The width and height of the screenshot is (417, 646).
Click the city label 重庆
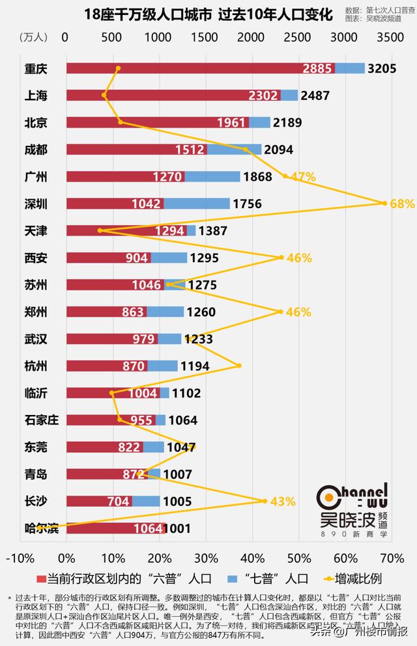point(38,68)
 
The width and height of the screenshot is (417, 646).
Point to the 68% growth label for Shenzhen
point(402,204)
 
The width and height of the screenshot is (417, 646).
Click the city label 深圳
point(38,204)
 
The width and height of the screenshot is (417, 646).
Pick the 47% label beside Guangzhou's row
point(304,176)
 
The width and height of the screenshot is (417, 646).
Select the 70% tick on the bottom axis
point(392,558)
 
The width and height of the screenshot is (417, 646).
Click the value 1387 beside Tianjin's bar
point(214,230)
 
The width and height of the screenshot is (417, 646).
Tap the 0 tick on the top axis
point(65,37)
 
